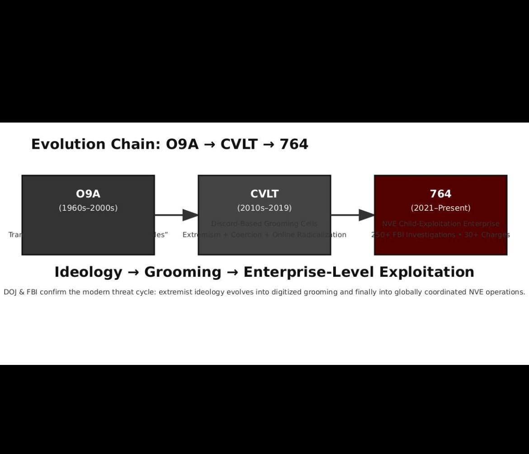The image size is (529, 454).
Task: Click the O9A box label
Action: click(x=88, y=194)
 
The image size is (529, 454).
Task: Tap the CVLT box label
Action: click(x=264, y=194)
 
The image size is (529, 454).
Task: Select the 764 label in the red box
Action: click(x=440, y=194)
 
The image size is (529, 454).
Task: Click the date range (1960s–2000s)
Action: click(x=88, y=208)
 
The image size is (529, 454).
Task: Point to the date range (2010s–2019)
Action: click(x=264, y=208)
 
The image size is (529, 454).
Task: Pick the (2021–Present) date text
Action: click(x=440, y=208)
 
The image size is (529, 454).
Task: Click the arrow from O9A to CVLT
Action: click(x=176, y=215)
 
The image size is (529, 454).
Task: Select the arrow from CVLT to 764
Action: click(x=353, y=215)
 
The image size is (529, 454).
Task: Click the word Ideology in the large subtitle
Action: click(x=88, y=272)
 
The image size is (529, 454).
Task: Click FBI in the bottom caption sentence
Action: click(x=32, y=292)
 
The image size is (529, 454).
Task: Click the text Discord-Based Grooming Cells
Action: click(x=264, y=224)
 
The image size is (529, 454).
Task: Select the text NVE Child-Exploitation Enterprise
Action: click(x=440, y=224)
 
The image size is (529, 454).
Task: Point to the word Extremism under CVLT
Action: click(x=202, y=235)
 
